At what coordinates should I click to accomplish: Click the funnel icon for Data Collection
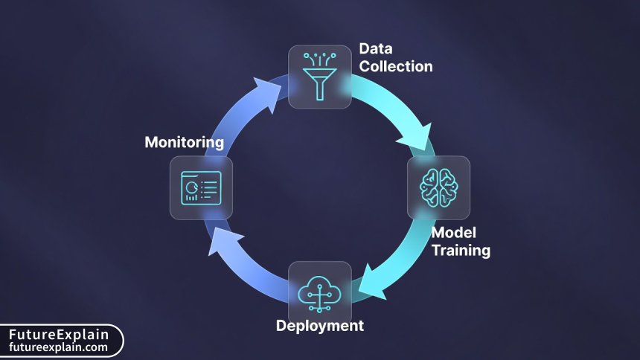[320, 77]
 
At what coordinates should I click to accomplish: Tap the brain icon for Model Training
[438, 187]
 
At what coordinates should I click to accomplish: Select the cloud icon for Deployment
[319, 292]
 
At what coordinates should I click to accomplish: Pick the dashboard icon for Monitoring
[201, 187]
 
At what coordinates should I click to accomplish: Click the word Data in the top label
[376, 49]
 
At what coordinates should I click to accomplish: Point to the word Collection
[395, 66]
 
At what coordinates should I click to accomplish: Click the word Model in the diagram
[452, 233]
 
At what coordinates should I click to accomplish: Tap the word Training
[461, 251]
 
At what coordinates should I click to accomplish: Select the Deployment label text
[320, 325]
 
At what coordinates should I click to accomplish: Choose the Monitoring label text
[184, 141]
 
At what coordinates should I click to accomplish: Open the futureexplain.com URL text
[59, 347]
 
